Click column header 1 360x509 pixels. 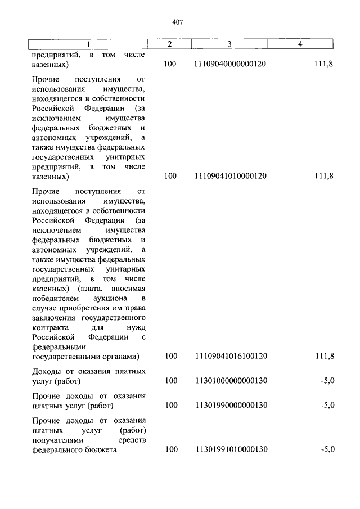click(87, 44)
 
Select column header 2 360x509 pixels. click(169, 44)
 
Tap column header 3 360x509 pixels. click(229, 44)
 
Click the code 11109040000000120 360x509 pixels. click(231, 65)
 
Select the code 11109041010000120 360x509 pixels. click(231, 177)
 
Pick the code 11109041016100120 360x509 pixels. click(231, 356)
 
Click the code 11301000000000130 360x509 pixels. click(231, 381)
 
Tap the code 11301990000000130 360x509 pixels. click(231, 406)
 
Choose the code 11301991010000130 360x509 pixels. click(231, 449)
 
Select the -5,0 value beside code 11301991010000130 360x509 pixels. click(327, 449)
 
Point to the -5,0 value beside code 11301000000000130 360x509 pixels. click(327, 381)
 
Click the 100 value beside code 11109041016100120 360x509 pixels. click(170, 356)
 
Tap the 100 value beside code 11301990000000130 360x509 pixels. click(170, 406)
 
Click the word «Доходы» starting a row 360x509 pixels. click(47, 371)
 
